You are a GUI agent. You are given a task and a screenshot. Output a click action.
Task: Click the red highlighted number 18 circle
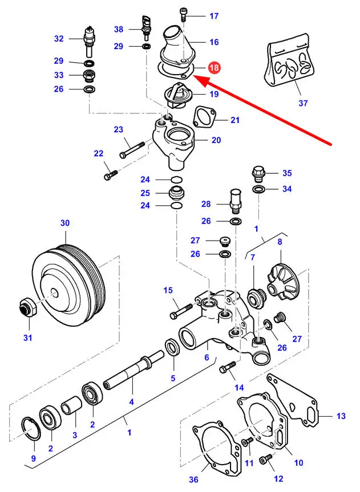click(215, 68)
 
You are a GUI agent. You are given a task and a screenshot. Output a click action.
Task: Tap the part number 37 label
click(303, 103)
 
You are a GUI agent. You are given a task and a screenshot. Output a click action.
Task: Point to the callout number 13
click(341, 416)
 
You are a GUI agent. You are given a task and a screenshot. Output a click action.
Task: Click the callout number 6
click(207, 357)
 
